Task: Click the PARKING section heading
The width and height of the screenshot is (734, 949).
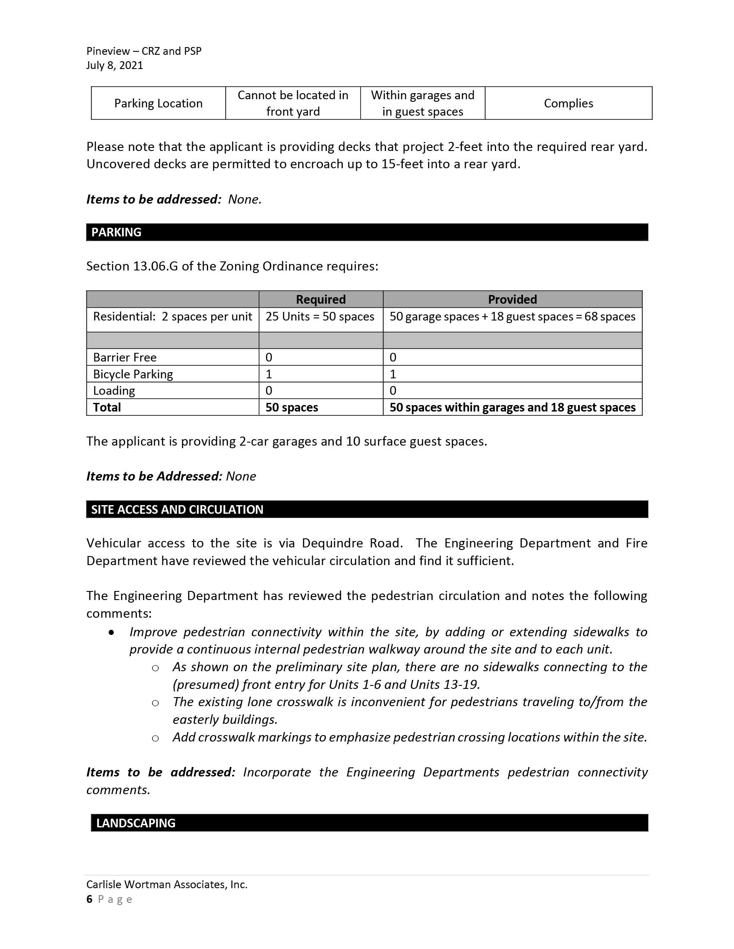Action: point(116,232)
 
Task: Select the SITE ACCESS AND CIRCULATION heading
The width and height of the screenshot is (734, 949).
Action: point(177,509)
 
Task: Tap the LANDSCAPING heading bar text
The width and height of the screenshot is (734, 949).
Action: point(136,823)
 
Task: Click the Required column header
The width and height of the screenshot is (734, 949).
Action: point(320,299)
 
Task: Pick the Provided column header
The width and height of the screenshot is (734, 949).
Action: point(512,299)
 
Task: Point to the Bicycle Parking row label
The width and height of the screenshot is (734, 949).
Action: point(133,374)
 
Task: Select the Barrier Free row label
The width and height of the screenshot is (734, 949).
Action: point(124,357)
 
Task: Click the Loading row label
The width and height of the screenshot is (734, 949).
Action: point(114,391)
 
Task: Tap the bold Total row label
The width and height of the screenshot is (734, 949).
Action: point(107,407)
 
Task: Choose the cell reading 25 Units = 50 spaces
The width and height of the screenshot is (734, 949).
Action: point(320,316)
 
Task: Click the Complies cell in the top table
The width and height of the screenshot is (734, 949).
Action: point(568,104)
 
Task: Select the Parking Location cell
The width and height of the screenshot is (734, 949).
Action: point(158,104)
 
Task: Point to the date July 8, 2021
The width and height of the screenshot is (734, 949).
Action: point(114,65)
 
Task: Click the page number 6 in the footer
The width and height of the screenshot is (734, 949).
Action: point(89,899)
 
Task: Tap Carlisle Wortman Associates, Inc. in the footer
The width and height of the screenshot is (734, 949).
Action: point(167,884)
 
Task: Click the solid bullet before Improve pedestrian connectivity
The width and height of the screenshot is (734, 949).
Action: point(112,632)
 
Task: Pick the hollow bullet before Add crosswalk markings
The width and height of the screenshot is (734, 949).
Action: point(155,738)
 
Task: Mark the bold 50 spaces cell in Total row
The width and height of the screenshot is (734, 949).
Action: point(292,407)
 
